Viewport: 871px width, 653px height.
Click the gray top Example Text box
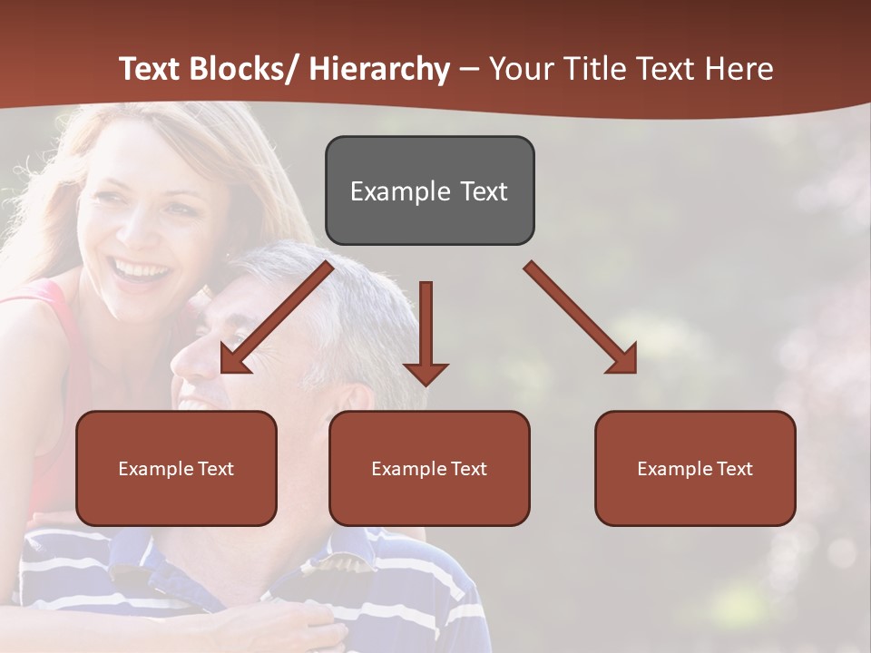pyautogui.click(x=429, y=190)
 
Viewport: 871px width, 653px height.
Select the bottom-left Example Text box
pyautogui.click(x=176, y=468)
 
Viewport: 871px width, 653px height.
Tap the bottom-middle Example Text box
pyautogui.click(x=429, y=468)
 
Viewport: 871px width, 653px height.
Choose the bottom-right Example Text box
pyautogui.click(x=695, y=468)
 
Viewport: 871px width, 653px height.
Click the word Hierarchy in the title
pyautogui.click(x=378, y=69)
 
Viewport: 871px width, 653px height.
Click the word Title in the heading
pyautogui.click(x=595, y=69)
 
